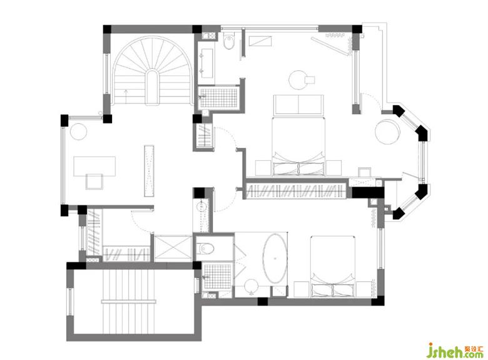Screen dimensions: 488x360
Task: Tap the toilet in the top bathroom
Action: pyautogui.click(x=229, y=41)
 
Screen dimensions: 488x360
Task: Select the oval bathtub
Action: pyautogui.click(x=275, y=258)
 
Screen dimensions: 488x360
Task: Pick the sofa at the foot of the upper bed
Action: pyautogui.click(x=298, y=105)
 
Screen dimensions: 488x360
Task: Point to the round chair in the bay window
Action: pyautogui.click(x=388, y=131)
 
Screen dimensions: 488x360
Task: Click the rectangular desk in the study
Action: pyautogui.click(x=94, y=167)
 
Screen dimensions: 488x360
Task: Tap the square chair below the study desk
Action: pyautogui.click(x=94, y=181)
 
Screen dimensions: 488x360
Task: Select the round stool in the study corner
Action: pyautogui.click(x=78, y=131)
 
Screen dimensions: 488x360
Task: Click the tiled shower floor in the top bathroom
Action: pyautogui.click(x=219, y=98)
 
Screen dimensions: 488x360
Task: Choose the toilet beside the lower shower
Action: pyautogui.click(x=206, y=248)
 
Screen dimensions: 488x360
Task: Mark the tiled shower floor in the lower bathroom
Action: pyautogui.click(x=217, y=277)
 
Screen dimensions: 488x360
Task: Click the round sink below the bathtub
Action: pyautogui.click(x=251, y=287)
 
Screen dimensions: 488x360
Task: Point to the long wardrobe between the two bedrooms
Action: pyautogui.click(x=296, y=191)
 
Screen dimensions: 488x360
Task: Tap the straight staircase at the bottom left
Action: pyautogui.click(x=128, y=301)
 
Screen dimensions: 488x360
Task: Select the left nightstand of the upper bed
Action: pyautogui.click(x=263, y=168)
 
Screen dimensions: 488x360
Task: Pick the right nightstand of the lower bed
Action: pyautogui.click(x=364, y=289)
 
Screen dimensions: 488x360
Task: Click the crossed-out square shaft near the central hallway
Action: pyautogui.click(x=173, y=247)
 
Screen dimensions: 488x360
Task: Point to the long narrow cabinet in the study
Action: pyautogui.click(x=149, y=171)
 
